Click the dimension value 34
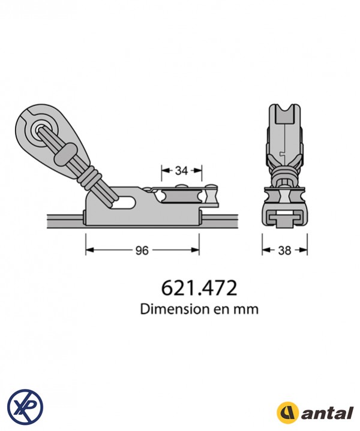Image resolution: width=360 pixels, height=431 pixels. point(181,171)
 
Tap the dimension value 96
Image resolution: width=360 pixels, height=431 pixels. point(142,251)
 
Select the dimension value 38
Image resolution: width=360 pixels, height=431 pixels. point(285,251)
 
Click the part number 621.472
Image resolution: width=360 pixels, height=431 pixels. point(199,288)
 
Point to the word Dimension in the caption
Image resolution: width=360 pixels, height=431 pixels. point(170,309)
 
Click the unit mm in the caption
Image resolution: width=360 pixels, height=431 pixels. point(247,310)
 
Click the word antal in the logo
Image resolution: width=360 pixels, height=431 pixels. point(326,413)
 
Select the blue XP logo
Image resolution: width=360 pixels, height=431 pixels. point(25,405)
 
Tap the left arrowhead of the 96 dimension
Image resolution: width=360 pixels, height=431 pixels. point(89,251)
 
